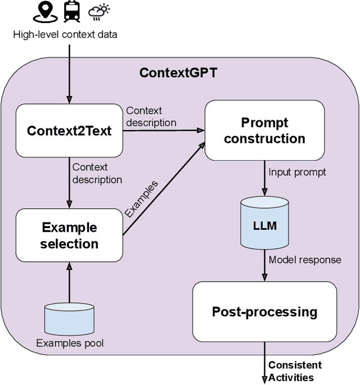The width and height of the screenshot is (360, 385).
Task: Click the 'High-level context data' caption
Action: [65, 35]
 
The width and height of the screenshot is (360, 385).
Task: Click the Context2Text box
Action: [69, 130]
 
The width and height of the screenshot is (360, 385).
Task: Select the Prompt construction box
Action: [264, 130]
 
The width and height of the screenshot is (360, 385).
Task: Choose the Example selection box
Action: [69, 235]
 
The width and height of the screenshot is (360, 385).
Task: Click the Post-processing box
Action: [264, 311]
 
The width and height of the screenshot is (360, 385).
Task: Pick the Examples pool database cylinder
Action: [69, 319]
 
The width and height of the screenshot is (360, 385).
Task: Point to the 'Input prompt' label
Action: [297, 172]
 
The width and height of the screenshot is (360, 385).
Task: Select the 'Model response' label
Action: [304, 260]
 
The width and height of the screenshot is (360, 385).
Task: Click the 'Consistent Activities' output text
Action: [295, 371]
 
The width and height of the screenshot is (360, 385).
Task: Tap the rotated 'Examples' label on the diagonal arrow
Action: [141, 199]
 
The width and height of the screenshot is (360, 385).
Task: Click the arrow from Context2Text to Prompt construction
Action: [163, 130]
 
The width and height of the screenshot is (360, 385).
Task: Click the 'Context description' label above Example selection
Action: [97, 173]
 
